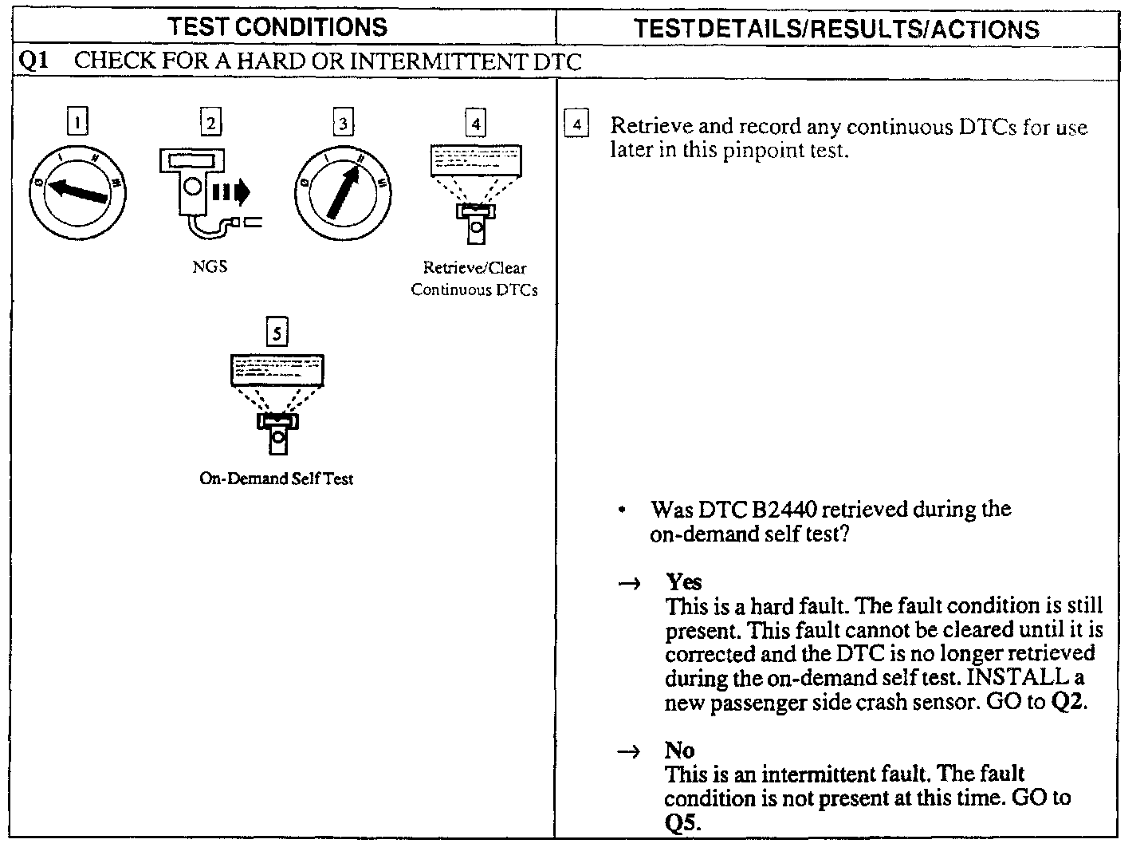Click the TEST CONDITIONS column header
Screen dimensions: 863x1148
(x=277, y=27)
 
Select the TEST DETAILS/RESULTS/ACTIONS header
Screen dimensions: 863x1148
(x=836, y=29)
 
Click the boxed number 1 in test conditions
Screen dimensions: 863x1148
(x=77, y=123)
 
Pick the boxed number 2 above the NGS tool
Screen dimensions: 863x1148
(x=210, y=123)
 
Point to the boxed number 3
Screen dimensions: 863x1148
(x=343, y=124)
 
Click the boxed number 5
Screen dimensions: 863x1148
(x=277, y=333)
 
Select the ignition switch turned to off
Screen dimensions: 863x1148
(x=77, y=191)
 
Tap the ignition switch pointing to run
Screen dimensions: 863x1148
(x=343, y=191)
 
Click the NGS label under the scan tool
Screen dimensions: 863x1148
(x=210, y=266)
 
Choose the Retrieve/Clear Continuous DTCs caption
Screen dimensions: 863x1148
(x=474, y=278)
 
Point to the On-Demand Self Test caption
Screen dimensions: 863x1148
(x=276, y=479)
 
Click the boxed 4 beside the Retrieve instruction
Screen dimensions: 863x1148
(x=576, y=126)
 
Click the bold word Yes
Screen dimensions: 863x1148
(x=683, y=581)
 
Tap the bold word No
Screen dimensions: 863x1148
(x=679, y=750)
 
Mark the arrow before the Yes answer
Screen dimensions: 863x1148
(x=629, y=584)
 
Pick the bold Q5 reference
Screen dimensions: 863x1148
(x=682, y=822)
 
